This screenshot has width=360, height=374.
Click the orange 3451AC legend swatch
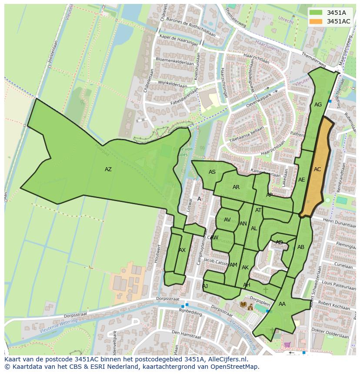tap(316, 21)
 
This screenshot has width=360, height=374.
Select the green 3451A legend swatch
tap(316, 13)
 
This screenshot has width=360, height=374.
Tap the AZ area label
tap(108, 169)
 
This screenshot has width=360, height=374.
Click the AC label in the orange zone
tap(317, 169)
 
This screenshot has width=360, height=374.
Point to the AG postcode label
tap(318, 105)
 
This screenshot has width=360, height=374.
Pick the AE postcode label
tap(301, 180)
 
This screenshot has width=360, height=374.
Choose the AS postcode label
tap(212, 172)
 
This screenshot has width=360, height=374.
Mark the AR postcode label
tap(236, 187)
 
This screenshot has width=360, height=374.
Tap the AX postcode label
tap(182, 250)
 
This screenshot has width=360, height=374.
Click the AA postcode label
tap(282, 304)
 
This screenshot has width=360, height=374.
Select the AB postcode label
tap(301, 247)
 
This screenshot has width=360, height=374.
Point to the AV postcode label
tap(227, 220)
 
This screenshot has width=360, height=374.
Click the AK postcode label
tap(245, 268)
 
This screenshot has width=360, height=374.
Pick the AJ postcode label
tap(205, 286)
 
